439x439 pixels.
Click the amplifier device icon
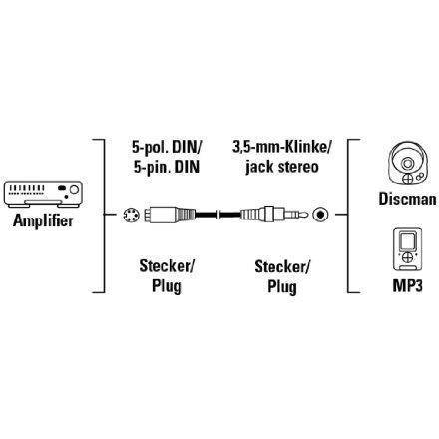tap(43, 194)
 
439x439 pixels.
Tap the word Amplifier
tap(43, 220)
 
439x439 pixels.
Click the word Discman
tap(407, 199)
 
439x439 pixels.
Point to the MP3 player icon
tap(407, 249)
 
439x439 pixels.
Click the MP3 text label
tap(408, 285)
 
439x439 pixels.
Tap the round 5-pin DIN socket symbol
tap(130, 216)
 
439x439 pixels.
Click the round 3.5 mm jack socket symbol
tap(320, 215)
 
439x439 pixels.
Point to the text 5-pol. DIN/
tap(167, 147)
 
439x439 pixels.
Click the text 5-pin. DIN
tap(167, 167)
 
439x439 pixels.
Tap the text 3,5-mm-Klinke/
tap(282, 147)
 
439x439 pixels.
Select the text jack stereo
tap(282, 167)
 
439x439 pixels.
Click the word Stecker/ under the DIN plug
tap(167, 266)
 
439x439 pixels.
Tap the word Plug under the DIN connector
tap(167, 286)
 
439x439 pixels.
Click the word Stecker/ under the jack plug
tap(282, 267)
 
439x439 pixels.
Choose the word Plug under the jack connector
tap(282, 287)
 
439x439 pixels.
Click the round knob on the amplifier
tap(74, 190)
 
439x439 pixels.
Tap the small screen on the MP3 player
tap(407, 241)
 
